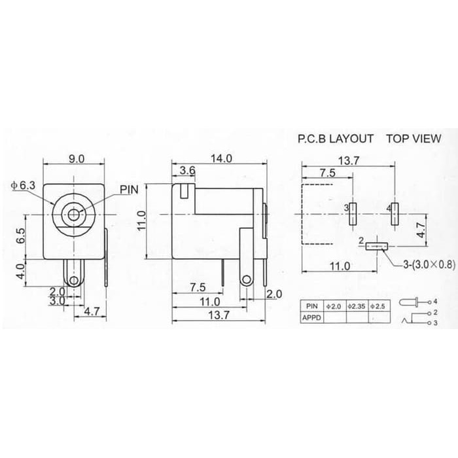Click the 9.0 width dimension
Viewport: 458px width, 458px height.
click(x=77, y=159)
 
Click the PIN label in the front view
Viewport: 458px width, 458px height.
click(x=129, y=190)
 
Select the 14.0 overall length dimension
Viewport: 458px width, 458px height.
click(x=221, y=158)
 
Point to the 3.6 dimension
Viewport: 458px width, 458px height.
click(x=187, y=171)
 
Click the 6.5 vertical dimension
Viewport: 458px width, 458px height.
click(x=21, y=236)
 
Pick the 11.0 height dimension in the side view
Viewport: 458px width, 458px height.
click(x=142, y=221)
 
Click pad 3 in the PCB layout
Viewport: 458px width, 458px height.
click(x=353, y=214)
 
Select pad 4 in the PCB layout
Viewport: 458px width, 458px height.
click(x=395, y=214)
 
